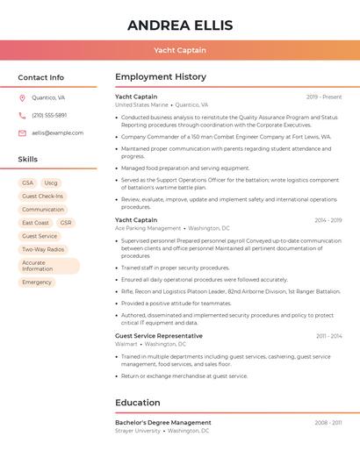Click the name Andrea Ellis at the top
pyautogui.click(x=180, y=25)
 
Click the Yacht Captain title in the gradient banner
pyautogui.click(x=180, y=50)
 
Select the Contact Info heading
pyautogui.click(x=41, y=77)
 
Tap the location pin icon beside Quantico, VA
pyautogui.click(x=22, y=98)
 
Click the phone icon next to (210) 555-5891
pyautogui.click(x=22, y=116)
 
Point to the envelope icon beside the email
pyautogui.click(x=22, y=133)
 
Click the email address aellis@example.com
pyautogui.click(x=58, y=133)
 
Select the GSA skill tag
pyautogui.click(x=27, y=182)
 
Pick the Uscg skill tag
pyautogui.click(x=51, y=182)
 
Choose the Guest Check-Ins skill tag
pyautogui.click(x=42, y=197)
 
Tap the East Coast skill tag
pyautogui.click(x=35, y=223)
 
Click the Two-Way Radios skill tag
pyautogui.click(x=43, y=249)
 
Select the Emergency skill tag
pyautogui.click(x=37, y=283)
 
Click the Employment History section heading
pyautogui.click(x=161, y=77)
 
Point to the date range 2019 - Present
pyautogui.click(x=324, y=97)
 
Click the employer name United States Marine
pyautogui.click(x=141, y=104)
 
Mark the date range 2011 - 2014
pyautogui.click(x=328, y=336)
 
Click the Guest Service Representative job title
pyautogui.click(x=159, y=336)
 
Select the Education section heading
pyautogui.click(x=138, y=403)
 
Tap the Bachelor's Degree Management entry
pyautogui.click(x=163, y=422)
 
